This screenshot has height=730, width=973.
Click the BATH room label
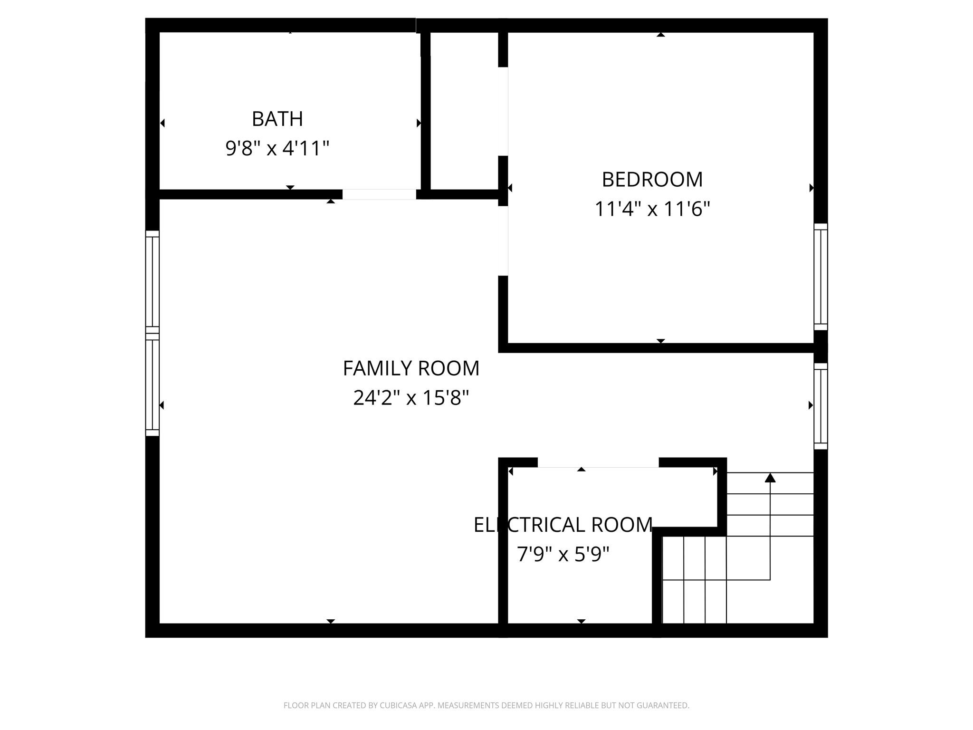(x=277, y=119)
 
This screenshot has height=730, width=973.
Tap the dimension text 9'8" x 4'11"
(x=277, y=148)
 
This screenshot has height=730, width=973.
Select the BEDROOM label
(x=652, y=180)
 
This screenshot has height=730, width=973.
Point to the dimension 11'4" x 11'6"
(x=652, y=209)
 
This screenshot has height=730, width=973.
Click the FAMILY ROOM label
(x=411, y=368)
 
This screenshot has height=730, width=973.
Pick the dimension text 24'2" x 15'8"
(x=411, y=398)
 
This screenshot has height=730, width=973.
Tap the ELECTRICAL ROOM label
(x=563, y=525)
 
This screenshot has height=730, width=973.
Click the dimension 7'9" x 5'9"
(x=563, y=554)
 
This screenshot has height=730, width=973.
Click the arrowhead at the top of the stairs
(x=770, y=478)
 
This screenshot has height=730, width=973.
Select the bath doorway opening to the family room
(x=379, y=194)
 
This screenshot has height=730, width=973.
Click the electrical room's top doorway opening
(x=598, y=462)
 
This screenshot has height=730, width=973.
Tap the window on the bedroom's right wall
(x=820, y=277)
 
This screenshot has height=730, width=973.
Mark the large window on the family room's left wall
(x=152, y=333)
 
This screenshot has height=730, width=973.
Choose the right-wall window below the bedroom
(x=820, y=406)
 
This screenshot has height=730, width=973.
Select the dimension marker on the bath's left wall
(x=162, y=123)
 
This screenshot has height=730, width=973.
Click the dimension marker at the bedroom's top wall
(x=660, y=34)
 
